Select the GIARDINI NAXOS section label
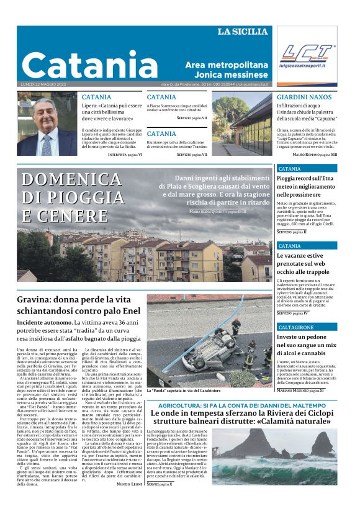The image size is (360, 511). pyautogui.click(x=304, y=97)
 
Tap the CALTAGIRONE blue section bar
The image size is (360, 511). pyautogui.click(x=307, y=327)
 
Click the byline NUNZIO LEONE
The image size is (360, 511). pyautogui.click(x=130, y=483)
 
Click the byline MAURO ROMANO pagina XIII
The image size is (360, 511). pyautogui.click(x=315, y=153)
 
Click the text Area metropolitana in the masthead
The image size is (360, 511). pyautogui.click(x=227, y=65)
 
